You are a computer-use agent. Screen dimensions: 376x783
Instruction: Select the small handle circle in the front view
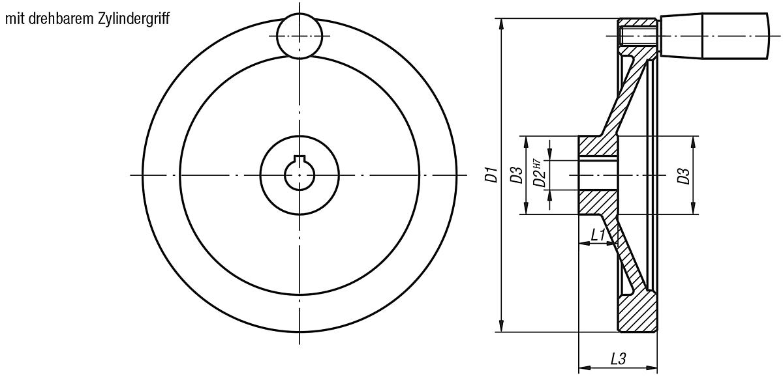[x=299, y=36]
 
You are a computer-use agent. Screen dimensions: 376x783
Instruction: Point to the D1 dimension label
[x=493, y=175]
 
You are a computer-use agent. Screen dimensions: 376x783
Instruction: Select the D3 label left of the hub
[x=516, y=175]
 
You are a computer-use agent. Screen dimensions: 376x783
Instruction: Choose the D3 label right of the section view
[x=683, y=175]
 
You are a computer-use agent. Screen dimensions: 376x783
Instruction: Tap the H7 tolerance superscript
[x=536, y=164]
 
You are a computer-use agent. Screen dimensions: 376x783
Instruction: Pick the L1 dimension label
[x=597, y=235]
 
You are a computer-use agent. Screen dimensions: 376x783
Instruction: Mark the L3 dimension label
[x=618, y=358]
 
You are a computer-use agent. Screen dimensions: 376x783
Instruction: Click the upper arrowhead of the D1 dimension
[x=500, y=23]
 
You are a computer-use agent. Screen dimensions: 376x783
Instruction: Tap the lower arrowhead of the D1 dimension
[x=500, y=326]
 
